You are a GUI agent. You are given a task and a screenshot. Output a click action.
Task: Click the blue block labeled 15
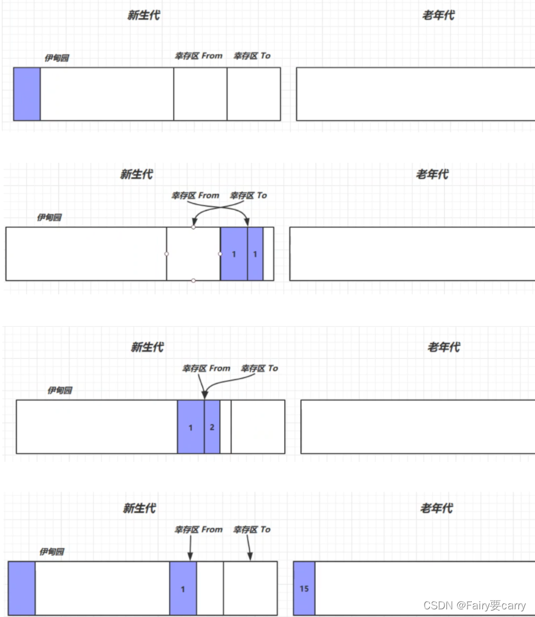point(304,588)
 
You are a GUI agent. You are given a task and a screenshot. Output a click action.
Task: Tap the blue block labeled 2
point(212,427)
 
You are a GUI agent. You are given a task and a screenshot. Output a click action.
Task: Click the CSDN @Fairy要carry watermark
point(474,605)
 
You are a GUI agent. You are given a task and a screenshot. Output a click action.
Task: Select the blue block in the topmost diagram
point(27,94)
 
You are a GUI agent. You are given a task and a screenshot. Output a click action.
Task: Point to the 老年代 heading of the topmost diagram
point(438,16)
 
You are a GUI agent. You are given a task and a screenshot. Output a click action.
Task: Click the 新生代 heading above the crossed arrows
point(136,174)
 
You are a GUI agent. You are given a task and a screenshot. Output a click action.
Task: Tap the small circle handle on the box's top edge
point(194,227)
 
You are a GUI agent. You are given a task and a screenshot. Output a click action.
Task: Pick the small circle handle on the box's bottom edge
point(194,280)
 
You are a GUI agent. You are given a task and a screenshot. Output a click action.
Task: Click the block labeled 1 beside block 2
point(191,427)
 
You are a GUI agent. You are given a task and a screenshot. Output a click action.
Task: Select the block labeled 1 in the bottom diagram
point(183,588)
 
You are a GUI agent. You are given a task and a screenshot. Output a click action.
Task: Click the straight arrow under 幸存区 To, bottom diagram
point(249,549)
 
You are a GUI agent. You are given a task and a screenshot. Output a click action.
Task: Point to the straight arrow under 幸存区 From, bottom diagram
point(190,549)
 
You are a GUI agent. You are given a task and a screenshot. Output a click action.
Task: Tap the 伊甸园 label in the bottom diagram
point(52,552)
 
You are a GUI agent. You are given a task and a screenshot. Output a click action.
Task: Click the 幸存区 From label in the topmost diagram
point(198,56)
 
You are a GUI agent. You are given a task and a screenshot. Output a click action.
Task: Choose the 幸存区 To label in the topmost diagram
point(252,56)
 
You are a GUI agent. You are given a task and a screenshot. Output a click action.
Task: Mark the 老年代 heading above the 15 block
point(436,508)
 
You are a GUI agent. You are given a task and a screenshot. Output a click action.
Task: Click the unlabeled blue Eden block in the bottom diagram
point(22,588)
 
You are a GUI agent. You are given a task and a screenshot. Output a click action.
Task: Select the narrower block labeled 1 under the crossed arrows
point(255,254)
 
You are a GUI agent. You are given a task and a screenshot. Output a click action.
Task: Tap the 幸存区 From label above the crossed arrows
point(195,195)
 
